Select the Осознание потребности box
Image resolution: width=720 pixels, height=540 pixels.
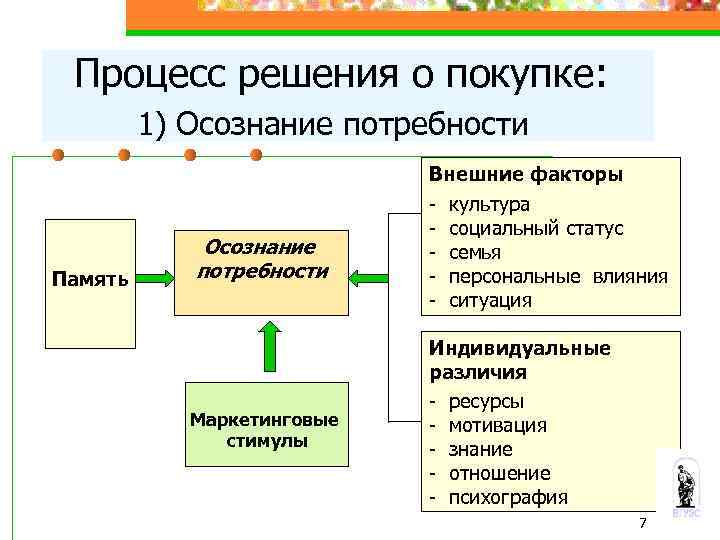[262, 260]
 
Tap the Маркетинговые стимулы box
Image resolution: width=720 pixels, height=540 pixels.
[266, 425]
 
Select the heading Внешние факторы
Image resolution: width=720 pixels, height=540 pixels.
[526, 175]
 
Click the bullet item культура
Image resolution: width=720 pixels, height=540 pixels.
[489, 205]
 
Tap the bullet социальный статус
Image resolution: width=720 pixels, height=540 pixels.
[536, 229]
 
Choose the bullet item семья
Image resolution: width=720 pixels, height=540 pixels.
[475, 253]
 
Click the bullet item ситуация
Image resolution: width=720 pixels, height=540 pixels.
[490, 300]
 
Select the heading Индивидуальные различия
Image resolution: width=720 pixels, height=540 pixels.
[519, 360]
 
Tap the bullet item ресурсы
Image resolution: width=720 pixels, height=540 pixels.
[486, 401]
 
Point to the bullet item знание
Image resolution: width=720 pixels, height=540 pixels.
[480, 449]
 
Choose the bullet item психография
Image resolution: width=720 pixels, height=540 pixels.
[508, 497]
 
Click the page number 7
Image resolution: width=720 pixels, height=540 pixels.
[642, 525]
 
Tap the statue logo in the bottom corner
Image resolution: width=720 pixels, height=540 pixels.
[686, 485]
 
